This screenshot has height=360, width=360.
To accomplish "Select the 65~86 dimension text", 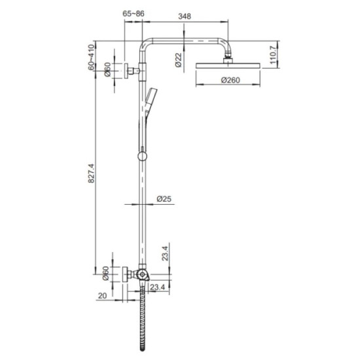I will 134,12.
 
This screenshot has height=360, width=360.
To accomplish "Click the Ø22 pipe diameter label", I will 178,60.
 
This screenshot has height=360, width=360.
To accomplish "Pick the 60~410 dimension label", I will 92,56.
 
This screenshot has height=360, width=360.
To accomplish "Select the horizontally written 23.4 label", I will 157,286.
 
